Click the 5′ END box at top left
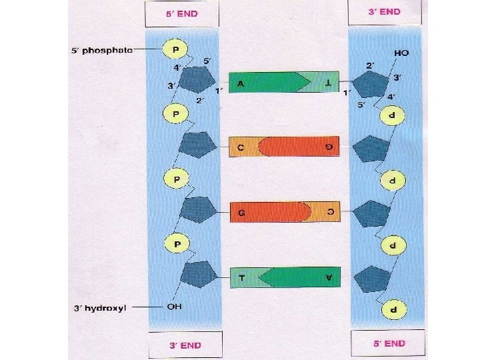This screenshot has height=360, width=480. coord(181,13)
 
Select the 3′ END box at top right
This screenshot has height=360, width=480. coord(385,11)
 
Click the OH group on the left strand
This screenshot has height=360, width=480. coord(175,308)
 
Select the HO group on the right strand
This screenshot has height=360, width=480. coord(402,52)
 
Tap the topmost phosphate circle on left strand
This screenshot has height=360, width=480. coord(175,49)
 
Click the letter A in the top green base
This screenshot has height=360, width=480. coord(239,83)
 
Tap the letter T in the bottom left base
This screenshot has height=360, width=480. coord(239,277)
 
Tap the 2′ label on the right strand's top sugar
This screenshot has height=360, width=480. coord(369,65)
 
